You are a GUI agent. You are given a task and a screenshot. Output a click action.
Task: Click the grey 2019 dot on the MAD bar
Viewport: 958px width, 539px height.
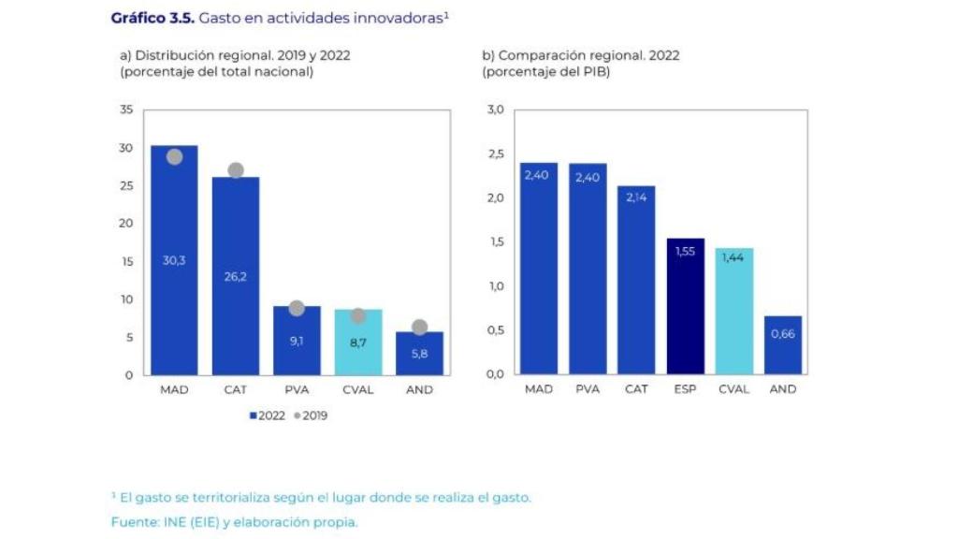[x=174, y=156]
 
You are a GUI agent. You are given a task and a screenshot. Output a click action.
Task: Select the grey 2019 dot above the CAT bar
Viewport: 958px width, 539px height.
[x=236, y=170]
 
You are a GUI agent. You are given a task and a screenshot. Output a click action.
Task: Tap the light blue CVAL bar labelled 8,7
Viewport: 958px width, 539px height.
[x=357, y=342]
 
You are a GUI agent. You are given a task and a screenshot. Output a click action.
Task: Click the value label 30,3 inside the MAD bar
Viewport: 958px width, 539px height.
[x=174, y=260]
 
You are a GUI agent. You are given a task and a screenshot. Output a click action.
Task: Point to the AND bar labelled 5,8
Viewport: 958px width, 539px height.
[x=419, y=353]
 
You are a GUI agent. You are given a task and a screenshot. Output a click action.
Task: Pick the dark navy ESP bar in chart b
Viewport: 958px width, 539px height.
[x=686, y=306]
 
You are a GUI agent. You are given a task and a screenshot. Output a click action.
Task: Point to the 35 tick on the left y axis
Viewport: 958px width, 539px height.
[x=126, y=110]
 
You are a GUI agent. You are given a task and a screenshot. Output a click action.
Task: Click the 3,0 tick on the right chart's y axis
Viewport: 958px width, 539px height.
[x=495, y=110]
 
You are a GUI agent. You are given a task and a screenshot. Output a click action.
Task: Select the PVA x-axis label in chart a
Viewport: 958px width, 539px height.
[x=297, y=390]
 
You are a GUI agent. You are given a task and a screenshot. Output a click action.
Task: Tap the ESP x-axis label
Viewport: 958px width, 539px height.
[x=686, y=389]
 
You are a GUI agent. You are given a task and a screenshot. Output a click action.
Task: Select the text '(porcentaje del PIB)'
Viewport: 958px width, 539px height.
[x=545, y=72]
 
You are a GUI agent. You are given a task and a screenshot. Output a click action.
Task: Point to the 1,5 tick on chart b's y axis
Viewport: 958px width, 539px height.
[x=495, y=242]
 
